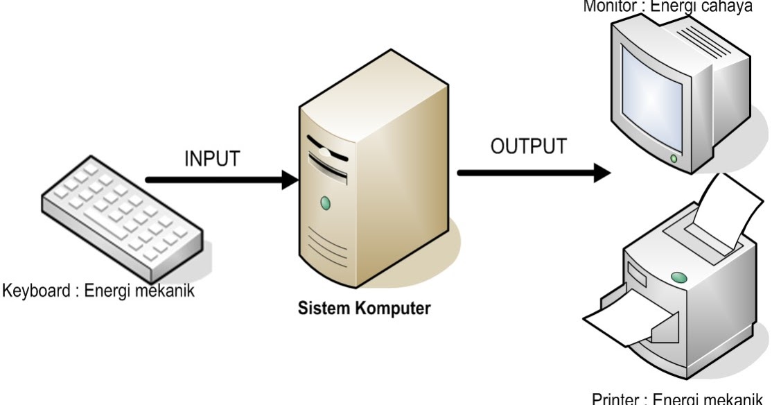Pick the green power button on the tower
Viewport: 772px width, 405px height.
[x=325, y=203]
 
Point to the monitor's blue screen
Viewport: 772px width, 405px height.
[x=656, y=101]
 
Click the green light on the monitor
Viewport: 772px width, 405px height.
[x=674, y=159]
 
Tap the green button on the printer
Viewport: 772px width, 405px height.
[x=679, y=278]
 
